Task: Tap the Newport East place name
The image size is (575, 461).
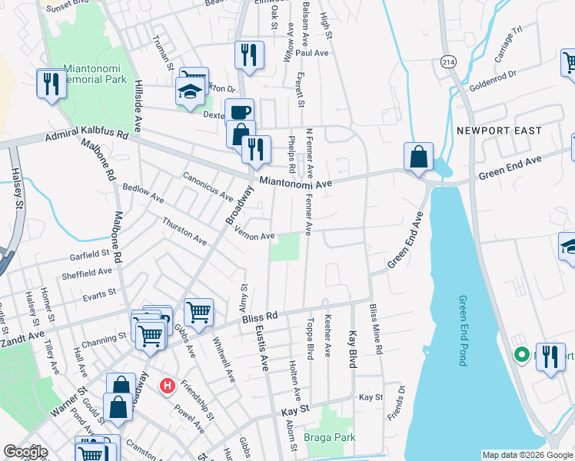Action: [x=499, y=131]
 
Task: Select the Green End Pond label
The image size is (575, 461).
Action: [x=463, y=330]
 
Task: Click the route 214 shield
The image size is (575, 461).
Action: [x=447, y=60]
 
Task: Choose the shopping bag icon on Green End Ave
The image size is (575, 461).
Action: [x=417, y=158]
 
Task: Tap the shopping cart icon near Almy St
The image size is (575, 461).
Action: [x=198, y=312]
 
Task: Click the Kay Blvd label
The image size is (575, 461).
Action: [x=353, y=349]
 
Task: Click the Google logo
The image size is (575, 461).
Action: [x=25, y=452]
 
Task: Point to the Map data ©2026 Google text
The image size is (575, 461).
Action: [x=527, y=455]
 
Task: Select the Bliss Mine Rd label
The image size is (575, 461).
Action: [x=376, y=329]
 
